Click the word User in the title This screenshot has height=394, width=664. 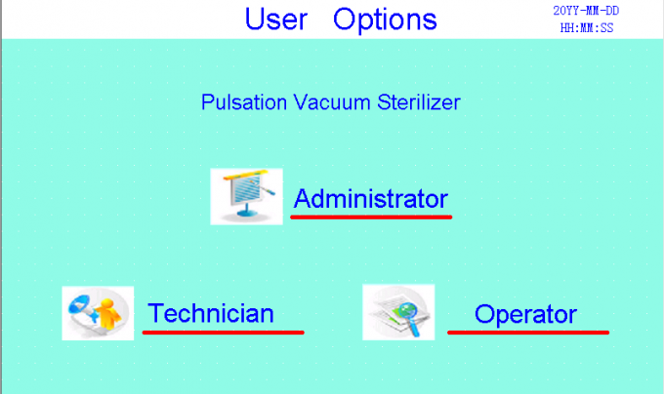pyautogui.click(x=277, y=19)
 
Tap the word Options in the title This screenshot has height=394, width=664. pyautogui.click(x=385, y=19)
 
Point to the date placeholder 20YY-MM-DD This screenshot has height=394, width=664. pyautogui.click(x=586, y=11)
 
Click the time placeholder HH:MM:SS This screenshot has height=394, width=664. pyautogui.click(x=586, y=27)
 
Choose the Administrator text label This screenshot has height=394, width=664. pyautogui.click(x=371, y=199)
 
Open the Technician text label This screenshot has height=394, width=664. pyautogui.click(x=211, y=313)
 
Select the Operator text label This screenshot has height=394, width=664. pyautogui.click(x=525, y=314)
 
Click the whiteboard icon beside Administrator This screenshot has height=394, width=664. pyautogui.click(x=239, y=196)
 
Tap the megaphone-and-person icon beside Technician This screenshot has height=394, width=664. pyautogui.click(x=98, y=313)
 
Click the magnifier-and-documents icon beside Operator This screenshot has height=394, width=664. pyautogui.click(x=398, y=312)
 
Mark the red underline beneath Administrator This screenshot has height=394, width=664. pyautogui.click(x=371, y=217)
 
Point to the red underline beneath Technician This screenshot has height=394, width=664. pyautogui.click(x=223, y=332)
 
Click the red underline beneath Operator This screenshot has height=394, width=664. pyautogui.click(x=528, y=332)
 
